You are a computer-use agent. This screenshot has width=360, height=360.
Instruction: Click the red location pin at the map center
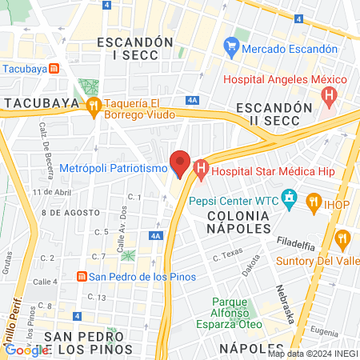(180, 164)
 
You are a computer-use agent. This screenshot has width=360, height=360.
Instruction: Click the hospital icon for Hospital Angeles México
(328, 97)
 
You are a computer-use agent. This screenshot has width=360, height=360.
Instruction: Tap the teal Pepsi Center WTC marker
(290, 198)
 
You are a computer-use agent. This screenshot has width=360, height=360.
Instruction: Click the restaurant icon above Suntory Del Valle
(343, 238)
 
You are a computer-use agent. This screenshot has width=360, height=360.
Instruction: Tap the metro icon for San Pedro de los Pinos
(81, 277)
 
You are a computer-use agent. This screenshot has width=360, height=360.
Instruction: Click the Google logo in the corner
(26, 350)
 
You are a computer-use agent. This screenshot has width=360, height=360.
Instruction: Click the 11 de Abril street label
(53, 193)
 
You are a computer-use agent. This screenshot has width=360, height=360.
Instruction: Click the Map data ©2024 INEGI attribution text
(312, 353)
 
